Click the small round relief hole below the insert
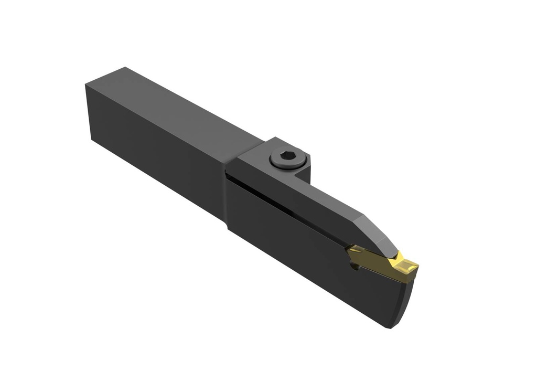pyautogui.click(x=357, y=268)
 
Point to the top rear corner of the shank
pyautogui.click(x=125, y=68)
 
